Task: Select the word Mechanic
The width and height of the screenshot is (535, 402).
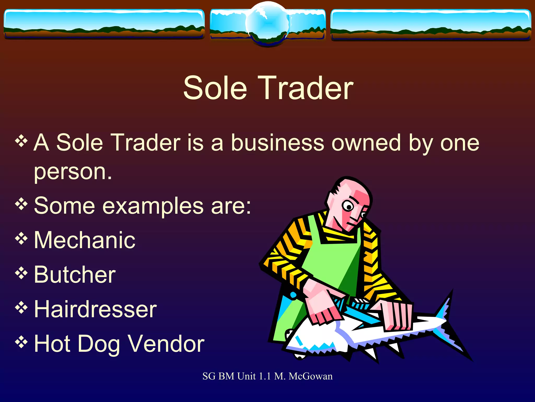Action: (x=85, y=240)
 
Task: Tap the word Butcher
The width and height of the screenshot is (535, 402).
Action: (x=75, y=275)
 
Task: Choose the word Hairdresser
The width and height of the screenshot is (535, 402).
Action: (x=95, y=309)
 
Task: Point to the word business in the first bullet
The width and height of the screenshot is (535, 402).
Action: (x=277, y=143)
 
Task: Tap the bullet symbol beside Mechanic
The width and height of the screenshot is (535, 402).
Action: (x=21, y=238)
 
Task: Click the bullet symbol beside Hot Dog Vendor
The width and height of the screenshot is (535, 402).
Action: (x=21, y=342)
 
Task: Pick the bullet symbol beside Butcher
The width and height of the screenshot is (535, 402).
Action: (x=21, y=273)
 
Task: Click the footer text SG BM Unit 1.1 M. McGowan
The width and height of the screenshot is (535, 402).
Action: (x=267, y=376)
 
